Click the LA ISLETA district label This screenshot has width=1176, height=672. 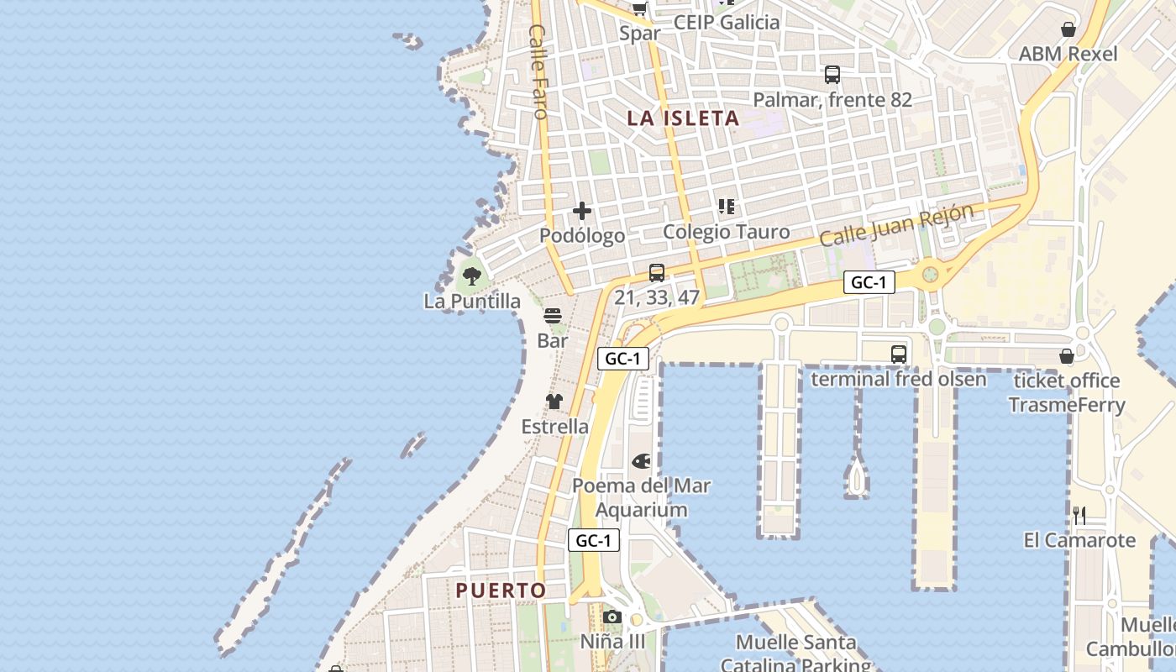[683, 118]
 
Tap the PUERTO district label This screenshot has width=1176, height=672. [501, 591]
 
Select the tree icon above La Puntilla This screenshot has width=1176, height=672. [472, 275]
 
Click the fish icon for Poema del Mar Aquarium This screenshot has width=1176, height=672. [641, 461]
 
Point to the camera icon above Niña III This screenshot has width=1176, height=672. [612, 617]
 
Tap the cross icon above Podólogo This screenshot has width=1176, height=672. [581, 211]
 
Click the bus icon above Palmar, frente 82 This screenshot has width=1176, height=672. [832, 75]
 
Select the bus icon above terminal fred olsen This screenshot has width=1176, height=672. [898, 354]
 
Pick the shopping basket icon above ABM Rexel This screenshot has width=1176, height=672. [1068, 29]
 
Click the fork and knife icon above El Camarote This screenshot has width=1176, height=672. [1079, 515]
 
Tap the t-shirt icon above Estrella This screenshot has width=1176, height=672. [554, 402]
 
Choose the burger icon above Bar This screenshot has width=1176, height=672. [553, 316]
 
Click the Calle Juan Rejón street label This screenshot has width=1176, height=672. [896, 225]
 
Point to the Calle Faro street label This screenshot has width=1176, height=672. [538, 71]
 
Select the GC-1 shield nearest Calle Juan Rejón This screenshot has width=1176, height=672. [869, 282]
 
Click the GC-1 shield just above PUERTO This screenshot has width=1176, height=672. [594, 540]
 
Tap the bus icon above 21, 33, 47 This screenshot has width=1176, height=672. [657, 272]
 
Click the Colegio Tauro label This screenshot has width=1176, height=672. [726, 232]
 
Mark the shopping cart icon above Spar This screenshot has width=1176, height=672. [640, 8]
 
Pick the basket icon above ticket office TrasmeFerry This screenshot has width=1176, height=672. [1067, 356]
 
